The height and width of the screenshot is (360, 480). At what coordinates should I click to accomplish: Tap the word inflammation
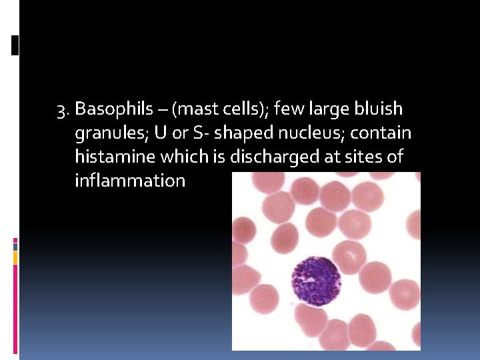(x=130, y=181)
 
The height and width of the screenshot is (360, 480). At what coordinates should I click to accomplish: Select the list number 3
(x=63, y=109)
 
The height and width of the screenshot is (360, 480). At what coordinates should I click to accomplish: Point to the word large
(x=320, y=109)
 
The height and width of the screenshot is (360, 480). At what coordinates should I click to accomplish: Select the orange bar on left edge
(x=15, y=257)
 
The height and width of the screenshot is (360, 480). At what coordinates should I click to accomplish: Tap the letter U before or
(x=160, y=133)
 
